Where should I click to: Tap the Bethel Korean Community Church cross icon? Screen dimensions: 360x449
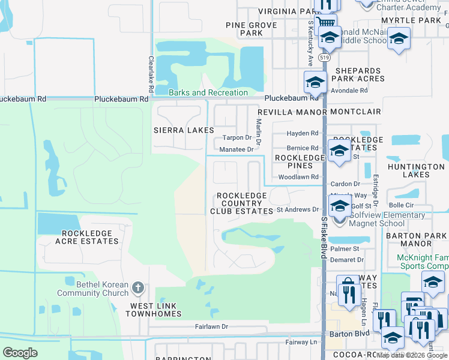click(x=137, y=288)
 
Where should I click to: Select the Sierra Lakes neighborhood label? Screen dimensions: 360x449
click(x=184, y=130)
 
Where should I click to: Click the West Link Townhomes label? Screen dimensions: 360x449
click(x=152, y=310)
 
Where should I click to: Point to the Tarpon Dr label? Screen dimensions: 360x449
click(x=236, y=137)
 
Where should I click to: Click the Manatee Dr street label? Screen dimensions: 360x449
click(x=237, y=149)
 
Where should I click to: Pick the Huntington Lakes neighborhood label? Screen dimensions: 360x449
click(x=416, y=171)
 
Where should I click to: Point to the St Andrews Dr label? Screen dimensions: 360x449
click(x=298, y=209)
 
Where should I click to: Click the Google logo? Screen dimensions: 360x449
click(x=20, y=353)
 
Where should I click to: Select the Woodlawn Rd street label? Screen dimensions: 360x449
click(x=298, y=178)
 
